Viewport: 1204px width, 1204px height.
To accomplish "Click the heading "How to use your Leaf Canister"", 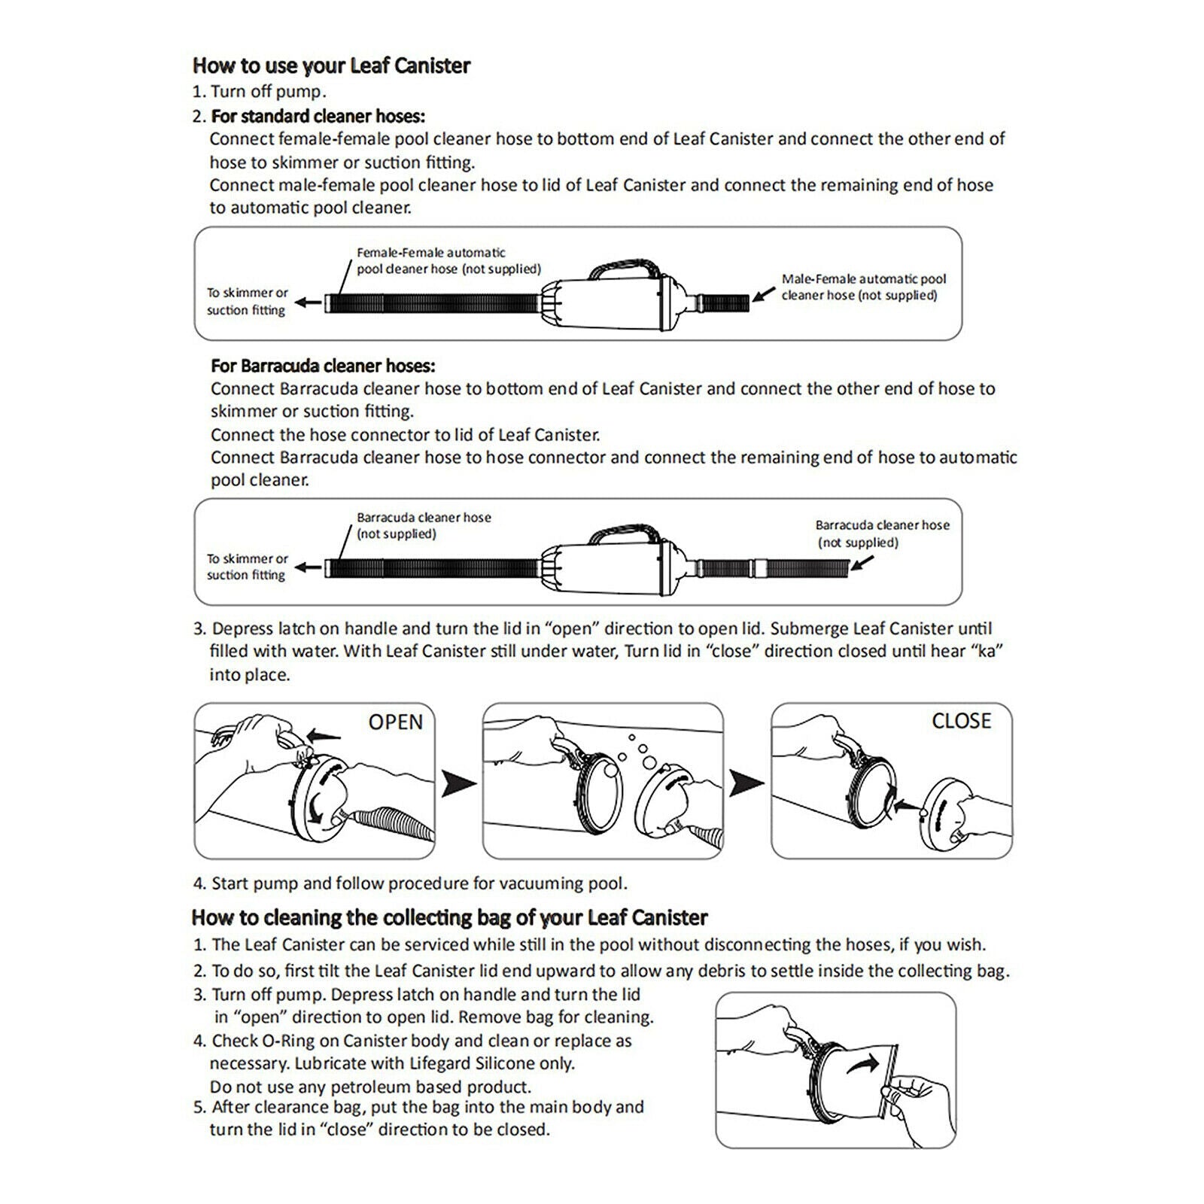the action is (x=331, y=66).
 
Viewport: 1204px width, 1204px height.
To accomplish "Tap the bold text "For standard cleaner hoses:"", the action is (x=318, y=117).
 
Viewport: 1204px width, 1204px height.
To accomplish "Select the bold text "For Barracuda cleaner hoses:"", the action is (x=323, y=366).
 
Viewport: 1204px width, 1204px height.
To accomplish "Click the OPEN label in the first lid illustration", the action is (x=396, y=722).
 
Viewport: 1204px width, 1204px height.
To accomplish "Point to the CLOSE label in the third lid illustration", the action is (x=962, y=721).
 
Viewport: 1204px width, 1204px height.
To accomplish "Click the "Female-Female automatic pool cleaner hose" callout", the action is (x=448, y=260).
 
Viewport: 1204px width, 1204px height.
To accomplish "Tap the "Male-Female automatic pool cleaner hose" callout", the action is (x=864, y=287).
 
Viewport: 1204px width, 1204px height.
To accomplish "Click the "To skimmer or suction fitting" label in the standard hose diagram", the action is (x=248, y=301).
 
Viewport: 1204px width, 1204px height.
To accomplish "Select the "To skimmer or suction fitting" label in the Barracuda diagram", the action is (x=248, y=567).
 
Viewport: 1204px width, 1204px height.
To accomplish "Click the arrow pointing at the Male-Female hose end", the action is (x=764, y=293).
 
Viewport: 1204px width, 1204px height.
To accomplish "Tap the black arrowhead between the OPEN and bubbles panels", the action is (x=458, y=783).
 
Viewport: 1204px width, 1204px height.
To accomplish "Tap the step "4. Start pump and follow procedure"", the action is (x=410, y=883).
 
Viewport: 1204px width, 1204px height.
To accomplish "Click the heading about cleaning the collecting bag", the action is (x=450, y=918).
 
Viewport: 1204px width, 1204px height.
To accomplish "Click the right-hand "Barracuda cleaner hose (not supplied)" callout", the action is (x=883, y=534).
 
